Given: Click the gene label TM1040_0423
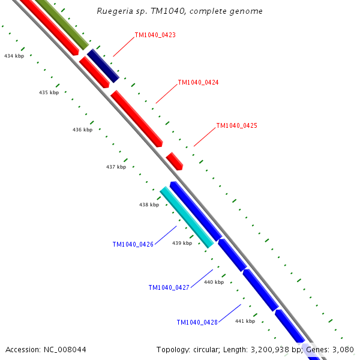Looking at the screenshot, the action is coord(155,35).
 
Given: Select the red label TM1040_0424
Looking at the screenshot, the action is coord(198,82).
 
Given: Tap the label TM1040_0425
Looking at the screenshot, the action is coord(236,126).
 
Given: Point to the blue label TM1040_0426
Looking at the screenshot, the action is coord(133,245).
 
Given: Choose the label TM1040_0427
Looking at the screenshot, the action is coord(169,288).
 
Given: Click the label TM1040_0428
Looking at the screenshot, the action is coord(197,323).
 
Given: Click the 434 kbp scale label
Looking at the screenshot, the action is coord(14,56).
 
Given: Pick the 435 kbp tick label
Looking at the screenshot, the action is coord(49,93).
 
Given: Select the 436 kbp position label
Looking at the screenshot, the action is coord(82,130).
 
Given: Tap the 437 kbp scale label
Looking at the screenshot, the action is coord(116,167).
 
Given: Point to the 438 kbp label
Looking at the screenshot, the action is coord(149,205).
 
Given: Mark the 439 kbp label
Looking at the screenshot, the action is coord(182,243).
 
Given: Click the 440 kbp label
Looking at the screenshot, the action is coord(214,282).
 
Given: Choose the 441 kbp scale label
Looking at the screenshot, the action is coord(245,321).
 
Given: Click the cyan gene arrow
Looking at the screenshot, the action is coord(187,217).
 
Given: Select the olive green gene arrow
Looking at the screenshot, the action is coord(62,25).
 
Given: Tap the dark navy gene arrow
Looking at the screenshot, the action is coord(103,66).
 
